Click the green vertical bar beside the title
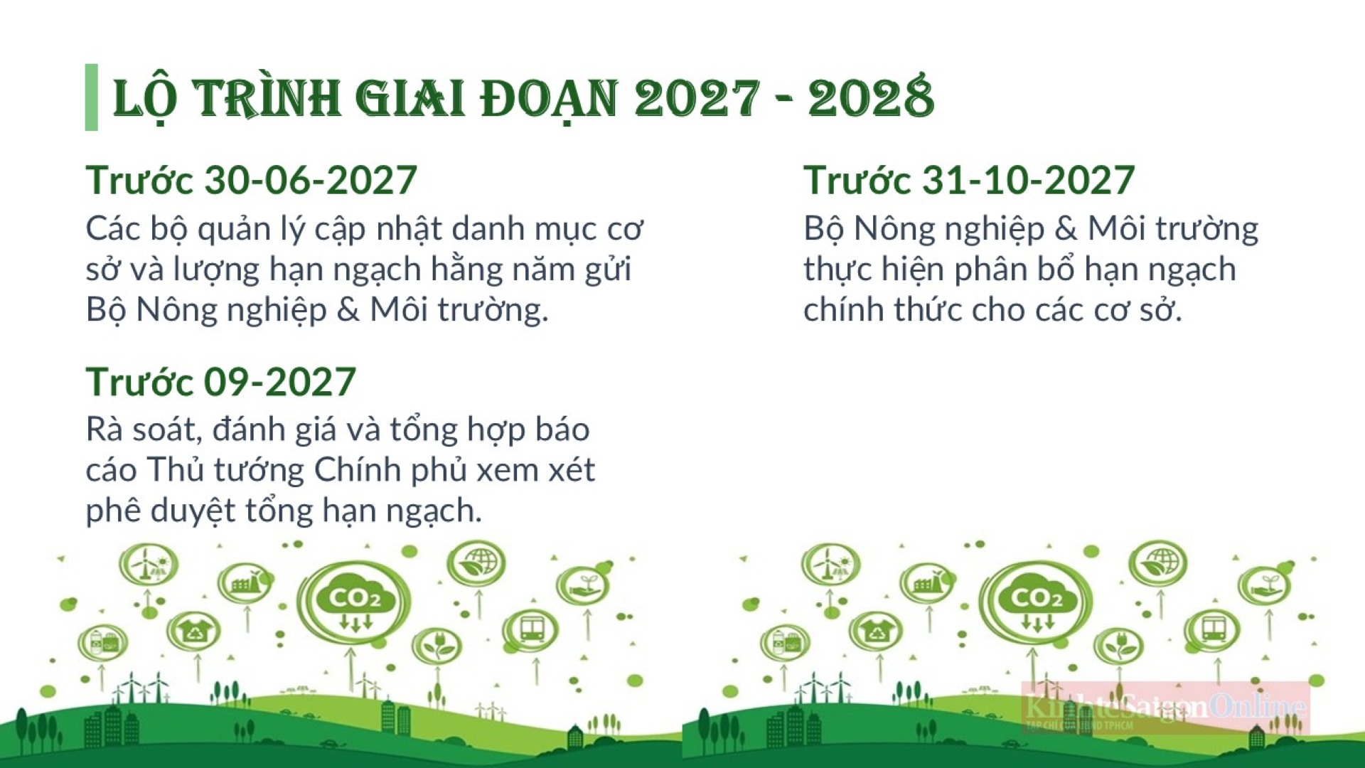pos(91,97)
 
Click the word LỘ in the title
pos(144,100)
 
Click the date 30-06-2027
pos(311,180)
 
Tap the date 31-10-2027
pos(1028,180)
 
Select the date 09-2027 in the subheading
pos(280,382)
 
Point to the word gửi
pos(608,270)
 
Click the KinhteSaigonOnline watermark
pos(1166,708)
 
